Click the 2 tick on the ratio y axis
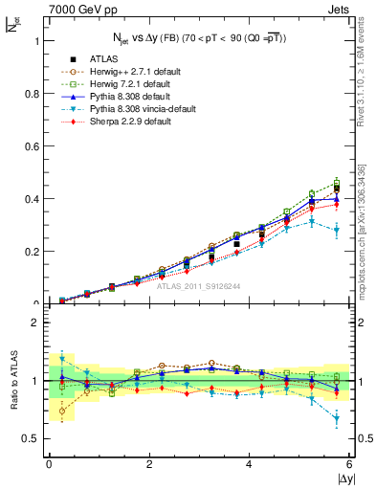(x=38, y=323)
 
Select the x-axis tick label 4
(x=250, y=464)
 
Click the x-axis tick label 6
(x=349, y=464)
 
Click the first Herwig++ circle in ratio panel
(x=62, y=412)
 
